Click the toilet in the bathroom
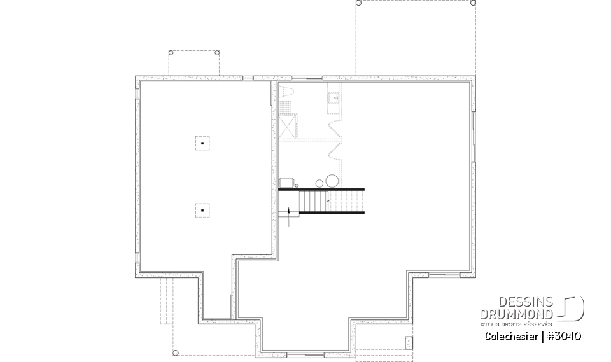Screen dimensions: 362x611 click(286, 90)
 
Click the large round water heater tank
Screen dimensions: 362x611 click(332, 179)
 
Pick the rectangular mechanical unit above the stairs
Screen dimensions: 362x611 click(286, 183)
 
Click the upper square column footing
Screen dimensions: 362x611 click(202, 143)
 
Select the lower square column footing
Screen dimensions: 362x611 click(202, 209)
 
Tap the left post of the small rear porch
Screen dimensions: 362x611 click(170, 53)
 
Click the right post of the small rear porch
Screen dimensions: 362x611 click(217, 53)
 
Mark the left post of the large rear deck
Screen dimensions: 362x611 click(358, 3)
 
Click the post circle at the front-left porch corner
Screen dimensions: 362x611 click(175, 351)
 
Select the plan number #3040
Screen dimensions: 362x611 click(563, 336)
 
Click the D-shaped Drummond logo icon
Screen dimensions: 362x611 click(572, 309)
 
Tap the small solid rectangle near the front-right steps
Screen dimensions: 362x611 click(409, 343)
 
